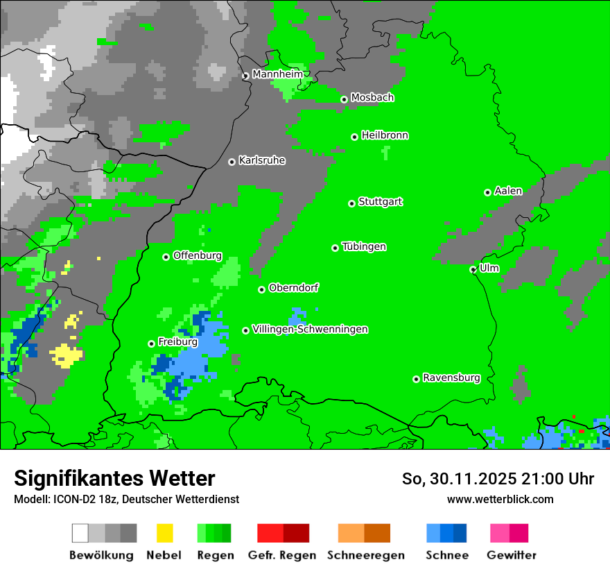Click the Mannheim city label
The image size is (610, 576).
279,74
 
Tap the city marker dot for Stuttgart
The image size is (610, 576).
351,203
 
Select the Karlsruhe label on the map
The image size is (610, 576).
262,160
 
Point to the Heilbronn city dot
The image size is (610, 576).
354,137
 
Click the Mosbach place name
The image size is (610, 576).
372,98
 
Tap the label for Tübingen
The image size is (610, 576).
364,247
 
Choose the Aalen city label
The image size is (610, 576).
508,191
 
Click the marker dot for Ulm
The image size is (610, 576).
473,270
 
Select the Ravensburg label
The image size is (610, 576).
451,378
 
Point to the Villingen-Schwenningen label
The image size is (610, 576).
310,330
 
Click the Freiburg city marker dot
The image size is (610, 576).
151,344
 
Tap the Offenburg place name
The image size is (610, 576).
198,255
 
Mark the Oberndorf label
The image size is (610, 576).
294,288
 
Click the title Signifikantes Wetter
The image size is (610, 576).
114,478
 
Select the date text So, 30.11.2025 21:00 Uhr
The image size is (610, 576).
498,479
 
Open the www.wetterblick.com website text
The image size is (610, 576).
500,499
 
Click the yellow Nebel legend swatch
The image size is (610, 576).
164,533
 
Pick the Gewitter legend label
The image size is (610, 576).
512,555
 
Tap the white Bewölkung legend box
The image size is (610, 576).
80,533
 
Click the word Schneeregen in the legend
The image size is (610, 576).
366,555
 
